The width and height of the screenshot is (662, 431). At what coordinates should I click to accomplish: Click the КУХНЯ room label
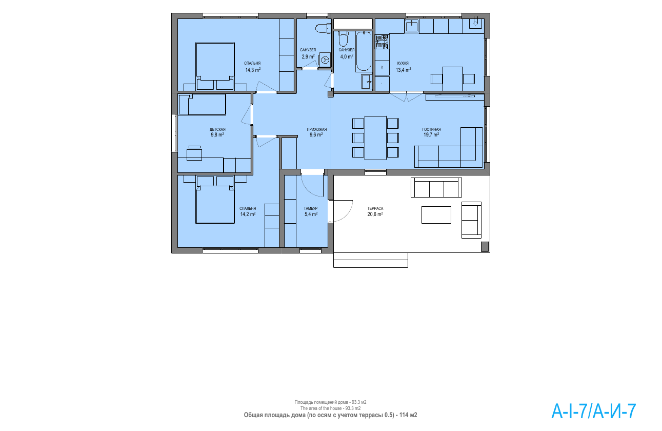(x=403, y=63)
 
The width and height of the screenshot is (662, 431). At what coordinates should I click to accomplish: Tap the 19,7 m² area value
(x=431, y=134)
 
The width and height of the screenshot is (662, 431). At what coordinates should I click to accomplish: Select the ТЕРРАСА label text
(x=375, y=208)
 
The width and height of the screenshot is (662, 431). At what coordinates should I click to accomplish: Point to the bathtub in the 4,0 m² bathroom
(x=364, y=51)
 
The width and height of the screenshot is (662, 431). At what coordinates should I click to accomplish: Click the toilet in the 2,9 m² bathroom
(x=324, y=28)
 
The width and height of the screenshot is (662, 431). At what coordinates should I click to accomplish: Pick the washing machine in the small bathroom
(x=325, y=60)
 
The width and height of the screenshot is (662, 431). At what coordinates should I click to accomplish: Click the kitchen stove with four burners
(x=382, y=42)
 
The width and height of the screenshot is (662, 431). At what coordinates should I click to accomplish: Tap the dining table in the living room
(x=376, y=138)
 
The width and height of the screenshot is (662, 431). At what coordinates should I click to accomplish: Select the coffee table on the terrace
(x=436, y=215)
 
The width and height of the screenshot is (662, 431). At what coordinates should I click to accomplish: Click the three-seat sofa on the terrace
(x=436, y=188)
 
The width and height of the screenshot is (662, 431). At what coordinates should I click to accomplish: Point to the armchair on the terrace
(x=471, y=220)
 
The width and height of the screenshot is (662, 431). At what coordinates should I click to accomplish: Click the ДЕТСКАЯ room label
(x=217, y=130)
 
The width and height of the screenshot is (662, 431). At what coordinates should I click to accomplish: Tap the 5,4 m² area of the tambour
(x=311, y=214)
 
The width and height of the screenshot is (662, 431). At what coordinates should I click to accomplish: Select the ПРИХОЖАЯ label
(x=317, y=130)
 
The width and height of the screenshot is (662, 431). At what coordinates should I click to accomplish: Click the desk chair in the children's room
(x=194, y=153)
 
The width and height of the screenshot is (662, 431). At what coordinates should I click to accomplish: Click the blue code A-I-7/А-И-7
(x=594, y=411)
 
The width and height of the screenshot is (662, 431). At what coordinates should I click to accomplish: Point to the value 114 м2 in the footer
(x=408, y=415)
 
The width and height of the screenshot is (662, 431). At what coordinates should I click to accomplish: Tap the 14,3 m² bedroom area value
(x=253, y=70)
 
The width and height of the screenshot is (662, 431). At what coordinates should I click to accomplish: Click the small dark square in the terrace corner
(x=485, y=247)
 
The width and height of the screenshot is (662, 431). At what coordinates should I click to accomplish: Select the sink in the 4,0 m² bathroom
(x=367, y=82)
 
